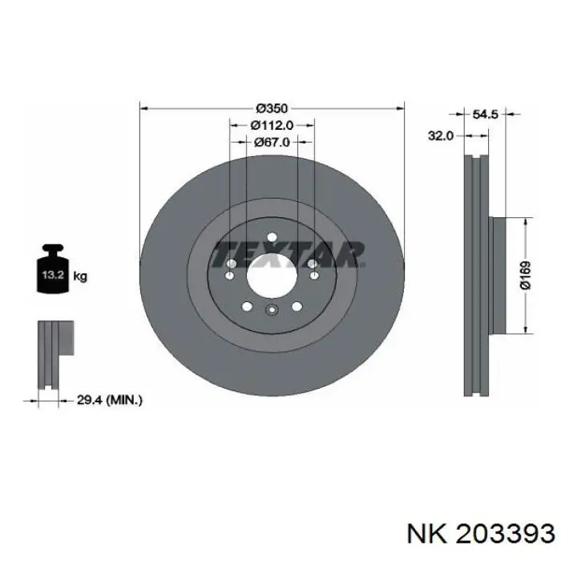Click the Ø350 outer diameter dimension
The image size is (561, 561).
pos(272,107)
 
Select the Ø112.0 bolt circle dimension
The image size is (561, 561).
pos(272,125)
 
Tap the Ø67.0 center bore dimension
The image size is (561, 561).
pos(272,142)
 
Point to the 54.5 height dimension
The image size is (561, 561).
pos(485,114)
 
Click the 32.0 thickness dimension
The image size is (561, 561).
pos(441,136)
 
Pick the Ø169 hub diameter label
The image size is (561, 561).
pos(525,275)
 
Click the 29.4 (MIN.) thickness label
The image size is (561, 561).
pos(110,400)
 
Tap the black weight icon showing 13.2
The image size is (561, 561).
pos(53,268)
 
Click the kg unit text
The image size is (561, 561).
pos(80,276)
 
